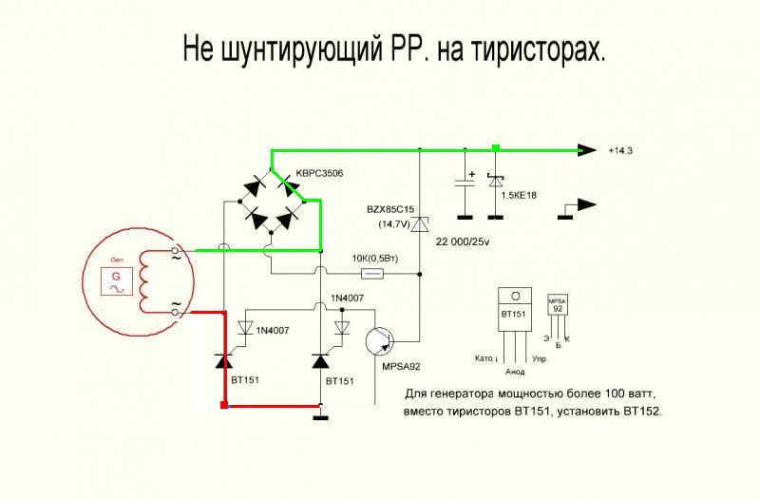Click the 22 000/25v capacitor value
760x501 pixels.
coord(464,242)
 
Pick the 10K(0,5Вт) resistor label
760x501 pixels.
coord(376,258)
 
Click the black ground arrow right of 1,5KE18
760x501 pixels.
coord(579,206)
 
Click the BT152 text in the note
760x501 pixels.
coord(642,412)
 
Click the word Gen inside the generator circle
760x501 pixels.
coord(118,260)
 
